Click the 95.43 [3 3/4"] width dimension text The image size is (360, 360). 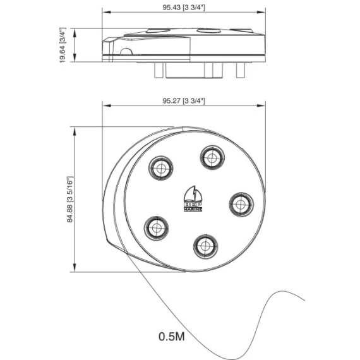point(184,8)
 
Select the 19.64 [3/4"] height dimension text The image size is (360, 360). point(63,45)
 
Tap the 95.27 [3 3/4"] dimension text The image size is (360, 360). point(184,101)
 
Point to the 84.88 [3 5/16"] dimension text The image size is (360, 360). point(70,200)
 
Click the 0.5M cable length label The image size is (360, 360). point(172,337)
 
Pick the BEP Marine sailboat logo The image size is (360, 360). point(193,198)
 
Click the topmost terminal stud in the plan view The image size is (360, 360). point(212,157)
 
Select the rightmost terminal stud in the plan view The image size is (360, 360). point(241,205)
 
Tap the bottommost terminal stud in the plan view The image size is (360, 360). point(205,246)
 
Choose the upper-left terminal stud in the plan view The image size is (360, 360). point(160,168)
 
